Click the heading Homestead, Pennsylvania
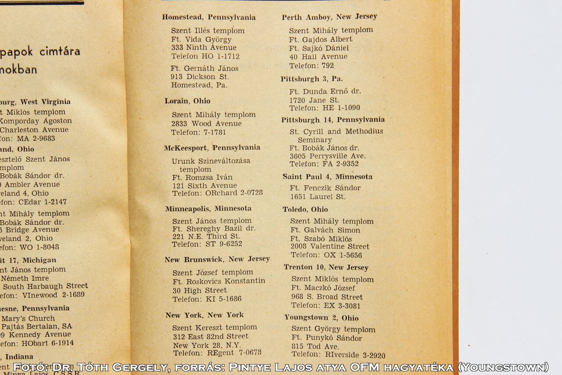[x=209, y=18]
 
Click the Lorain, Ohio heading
[x=187, y=101]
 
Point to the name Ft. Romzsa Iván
[x=202, y=178]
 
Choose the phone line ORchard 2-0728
[x=217, y=193]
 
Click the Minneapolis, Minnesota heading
[x=208, y=209]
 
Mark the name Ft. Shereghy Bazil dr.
[x=214, y=229]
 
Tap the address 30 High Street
[x=200, y=291]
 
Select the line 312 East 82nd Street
[x=210, y=337]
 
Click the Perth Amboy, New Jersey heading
[x=329, y=17]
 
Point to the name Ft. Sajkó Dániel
[x=319, y=48]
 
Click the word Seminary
[x=314, y=140]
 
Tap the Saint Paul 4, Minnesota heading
[x=328, y=177]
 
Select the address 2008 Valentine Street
[x=330, y=247]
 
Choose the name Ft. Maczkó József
[x=323, y=288]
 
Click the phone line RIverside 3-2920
[x=338, y=355]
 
